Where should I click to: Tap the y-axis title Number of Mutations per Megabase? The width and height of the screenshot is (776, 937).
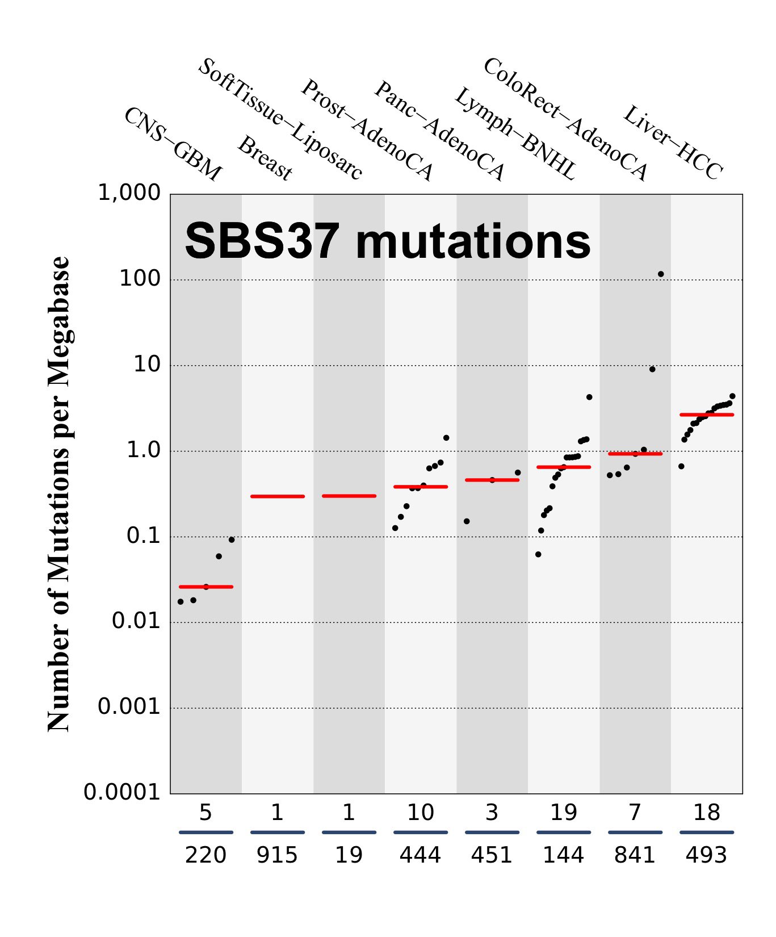click(x=58, y=494)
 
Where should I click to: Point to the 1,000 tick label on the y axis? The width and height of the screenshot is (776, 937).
click(x=129, y=193)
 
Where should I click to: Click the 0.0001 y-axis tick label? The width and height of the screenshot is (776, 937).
click(x=122, y=792)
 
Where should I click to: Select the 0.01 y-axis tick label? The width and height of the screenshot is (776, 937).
click(x=136, y=621)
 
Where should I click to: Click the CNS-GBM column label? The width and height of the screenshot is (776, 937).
click(x=173, y=144)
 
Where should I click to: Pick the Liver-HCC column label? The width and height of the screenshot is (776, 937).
click(x=673, y=143)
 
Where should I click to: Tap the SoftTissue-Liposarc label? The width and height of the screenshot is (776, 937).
click(x=280, y=119)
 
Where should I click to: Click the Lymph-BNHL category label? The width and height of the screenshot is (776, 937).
click(x=514, y=134)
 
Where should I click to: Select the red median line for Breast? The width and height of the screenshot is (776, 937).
click(x=278, y=496)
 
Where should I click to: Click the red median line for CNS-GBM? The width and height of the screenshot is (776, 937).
click(x=206, y=587)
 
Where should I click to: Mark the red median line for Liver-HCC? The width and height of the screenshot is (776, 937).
click(x=707, y=415)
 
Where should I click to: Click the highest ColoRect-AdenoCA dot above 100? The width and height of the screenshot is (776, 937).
click(x=661, y=274)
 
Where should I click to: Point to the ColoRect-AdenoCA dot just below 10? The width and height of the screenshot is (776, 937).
click(x=652, y=369)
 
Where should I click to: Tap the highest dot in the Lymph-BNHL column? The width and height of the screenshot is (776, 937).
click(x=589, y=397)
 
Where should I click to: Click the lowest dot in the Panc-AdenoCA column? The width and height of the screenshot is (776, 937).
click(x=467, y=521)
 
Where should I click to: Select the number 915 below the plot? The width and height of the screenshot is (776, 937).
click(x=277, y=855)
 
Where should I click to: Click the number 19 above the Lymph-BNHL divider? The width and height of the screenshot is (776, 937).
click(x=563, y=813)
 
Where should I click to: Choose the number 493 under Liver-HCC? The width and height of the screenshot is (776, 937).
click(x=706, y=855)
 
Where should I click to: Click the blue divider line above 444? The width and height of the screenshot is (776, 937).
click(x=421, y=833)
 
